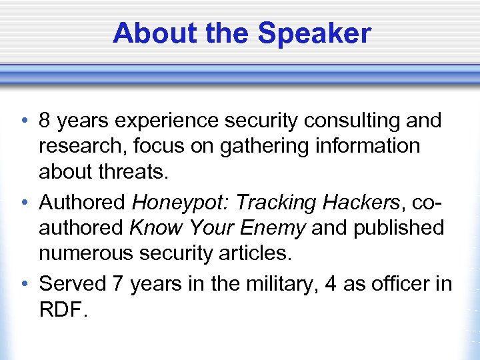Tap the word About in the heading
coord(149,33)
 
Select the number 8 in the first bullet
coord(45,121)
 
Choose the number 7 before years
coord(118,283)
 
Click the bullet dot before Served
coord(24,284)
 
